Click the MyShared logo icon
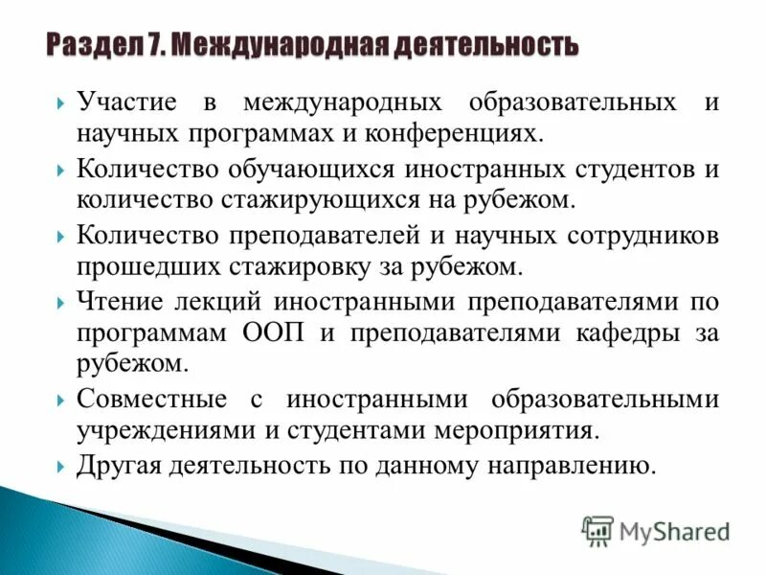(x=597, y=529)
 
